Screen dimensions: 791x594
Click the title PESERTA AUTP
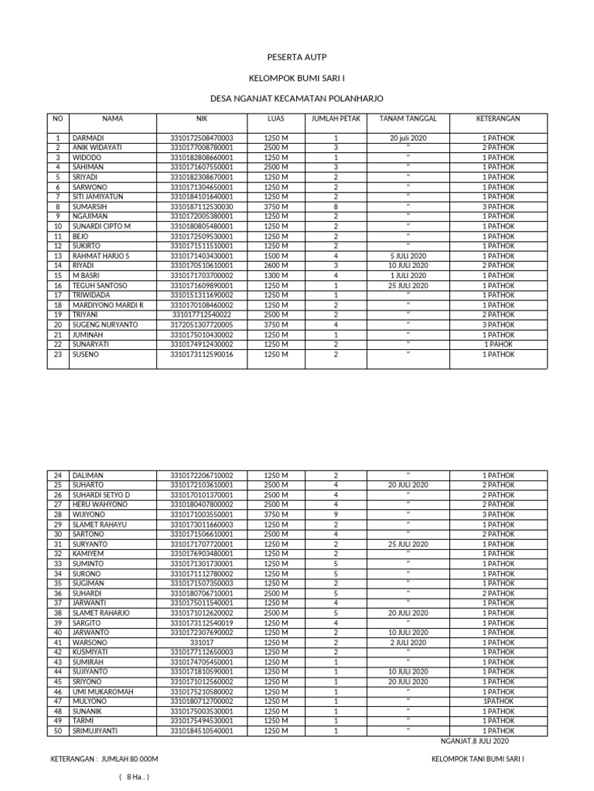(297, 58)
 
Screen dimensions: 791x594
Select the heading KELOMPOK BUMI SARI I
(297, 79)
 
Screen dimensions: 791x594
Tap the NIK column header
(202, 119)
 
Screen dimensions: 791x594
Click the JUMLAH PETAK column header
(336, 119)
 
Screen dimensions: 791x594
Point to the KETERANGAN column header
(497, 119)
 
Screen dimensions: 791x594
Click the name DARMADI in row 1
(88, 137)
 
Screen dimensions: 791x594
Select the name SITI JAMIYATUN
(98, 197)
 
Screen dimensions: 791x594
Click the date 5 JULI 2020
(408, 256)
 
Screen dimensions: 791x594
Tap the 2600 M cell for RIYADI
(276, 266)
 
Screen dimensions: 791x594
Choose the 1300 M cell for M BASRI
(276, 276)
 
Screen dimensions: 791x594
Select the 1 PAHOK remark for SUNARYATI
(498, 345)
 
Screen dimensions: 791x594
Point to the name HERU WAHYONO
(100, 504)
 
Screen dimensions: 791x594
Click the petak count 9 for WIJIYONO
(336, 514)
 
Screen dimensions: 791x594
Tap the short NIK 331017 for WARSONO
(202, 642)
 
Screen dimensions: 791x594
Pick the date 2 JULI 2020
(408, 642)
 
